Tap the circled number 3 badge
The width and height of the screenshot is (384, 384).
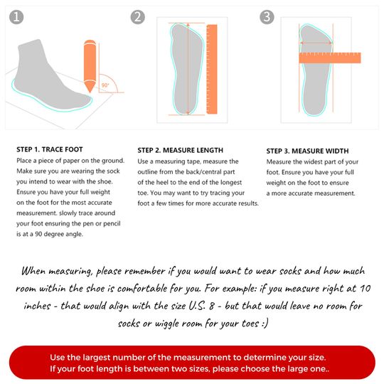point(266,16)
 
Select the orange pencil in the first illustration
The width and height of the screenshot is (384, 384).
point(90,67)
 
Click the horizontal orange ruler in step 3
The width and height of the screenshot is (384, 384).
point(329,58)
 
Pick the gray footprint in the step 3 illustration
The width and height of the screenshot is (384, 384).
point(313,68)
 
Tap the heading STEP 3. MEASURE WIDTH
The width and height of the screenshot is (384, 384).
point(307,151)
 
